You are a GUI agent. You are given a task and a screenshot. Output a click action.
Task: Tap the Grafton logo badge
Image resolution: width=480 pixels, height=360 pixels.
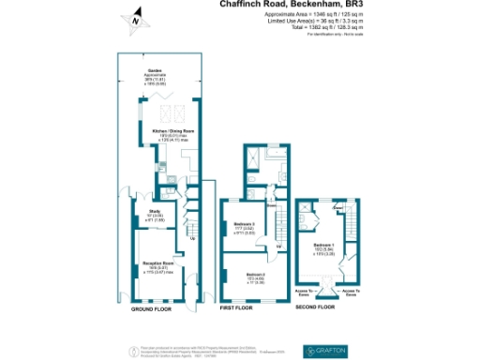(x=326, y=350)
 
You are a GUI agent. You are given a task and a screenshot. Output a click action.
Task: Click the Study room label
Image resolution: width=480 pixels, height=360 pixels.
(x=156, y=216)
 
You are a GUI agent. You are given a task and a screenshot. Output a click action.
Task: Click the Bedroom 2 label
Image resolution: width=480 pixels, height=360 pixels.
(x=244, y=276)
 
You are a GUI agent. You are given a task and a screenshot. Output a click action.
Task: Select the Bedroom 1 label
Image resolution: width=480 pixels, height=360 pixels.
(x=324, y=248)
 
